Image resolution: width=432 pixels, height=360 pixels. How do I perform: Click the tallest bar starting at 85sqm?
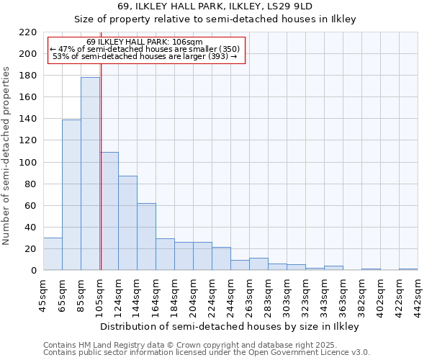tap(90, 174)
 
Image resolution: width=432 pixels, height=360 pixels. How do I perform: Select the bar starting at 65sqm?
tap(71, 194)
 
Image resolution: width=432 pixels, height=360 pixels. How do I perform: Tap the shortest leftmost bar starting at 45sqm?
tap(53, 254)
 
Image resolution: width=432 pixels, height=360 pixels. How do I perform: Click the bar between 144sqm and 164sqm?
tap(146, 237)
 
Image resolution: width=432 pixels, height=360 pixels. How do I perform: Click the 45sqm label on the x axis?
tap(43, 294)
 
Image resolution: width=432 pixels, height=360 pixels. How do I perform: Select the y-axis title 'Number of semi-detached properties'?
tap(6, 156)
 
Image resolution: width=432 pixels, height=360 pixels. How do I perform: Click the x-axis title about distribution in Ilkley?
tap(230, 326)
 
